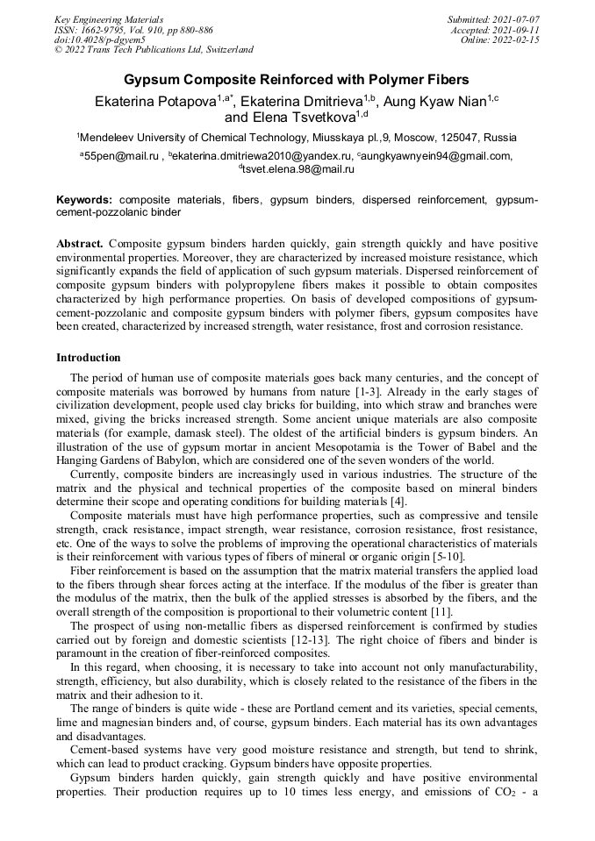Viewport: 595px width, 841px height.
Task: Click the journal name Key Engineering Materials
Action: pos(109,18)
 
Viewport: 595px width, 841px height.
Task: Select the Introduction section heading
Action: pos(88,358)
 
